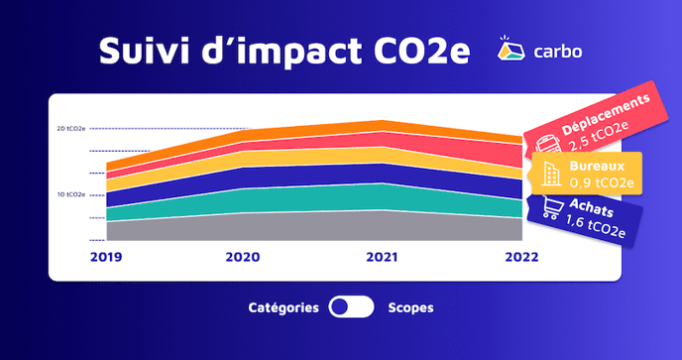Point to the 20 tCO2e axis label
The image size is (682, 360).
pos(71,129)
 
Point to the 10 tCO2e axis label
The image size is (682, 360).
pos(71,194)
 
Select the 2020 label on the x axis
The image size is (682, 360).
pos(242,257)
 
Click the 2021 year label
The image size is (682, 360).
pos(382,257)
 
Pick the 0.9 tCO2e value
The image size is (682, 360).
pos(597,182)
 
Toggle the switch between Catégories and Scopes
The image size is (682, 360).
pos(351,307)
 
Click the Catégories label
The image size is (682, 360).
pos(284,307)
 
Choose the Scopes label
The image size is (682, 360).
pos(411,307)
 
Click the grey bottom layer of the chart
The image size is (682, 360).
pos(297,227)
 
